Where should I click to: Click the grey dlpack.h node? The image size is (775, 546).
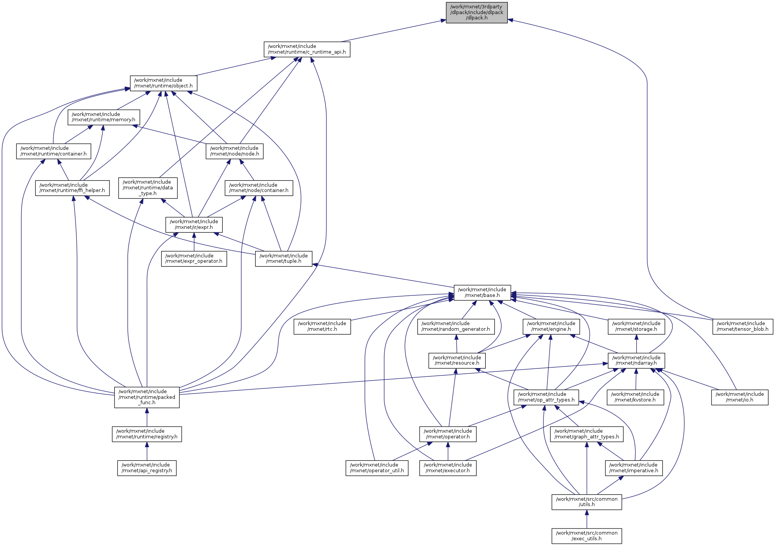pyautogui.click(x=476, y=12)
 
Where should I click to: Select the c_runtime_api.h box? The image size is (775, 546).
pyautogui.click(x=307, y=49)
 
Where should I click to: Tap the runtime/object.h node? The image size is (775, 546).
pyautogui.click(x=163, y=83)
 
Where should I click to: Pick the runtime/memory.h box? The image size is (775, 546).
pyautogui.click(x=103, y=117)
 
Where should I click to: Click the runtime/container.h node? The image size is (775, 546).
pyautogui.click(x=54, y=151)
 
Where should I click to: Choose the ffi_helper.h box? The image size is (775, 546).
pyautogui.click(x=72, y=188)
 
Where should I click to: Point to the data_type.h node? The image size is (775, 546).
pyautogui.click(x=147, y=188)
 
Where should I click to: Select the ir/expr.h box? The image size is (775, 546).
pyautogui.click(x=194, y=224)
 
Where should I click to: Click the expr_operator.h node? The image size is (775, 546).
pyautogui.click(x=194, y=259)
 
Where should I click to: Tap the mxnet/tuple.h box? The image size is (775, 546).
pyautogui.click(x=284, y=259)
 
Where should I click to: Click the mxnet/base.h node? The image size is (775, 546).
pyautogui.click(x=482, y=292)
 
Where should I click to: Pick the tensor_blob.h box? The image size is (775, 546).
pyautogui.click(x=742, y=326)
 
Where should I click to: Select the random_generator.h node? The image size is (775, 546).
pyautogui.click(x=456, y=326)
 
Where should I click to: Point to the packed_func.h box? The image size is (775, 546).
pyautogui.click(x=147, y=397)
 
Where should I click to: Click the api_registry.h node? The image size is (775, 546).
pyautogui.click(x=147, y=468)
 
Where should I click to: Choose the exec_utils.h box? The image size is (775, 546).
pyautogui.click(x=586, y=536)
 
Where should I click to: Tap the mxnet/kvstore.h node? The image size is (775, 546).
pyautogui.click(x=635, y=397)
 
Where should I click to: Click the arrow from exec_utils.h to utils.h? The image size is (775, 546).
pyautogui.click(x=586, y=519)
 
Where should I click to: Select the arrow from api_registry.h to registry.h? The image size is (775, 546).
pyautogui.click(x=147, y=451)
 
